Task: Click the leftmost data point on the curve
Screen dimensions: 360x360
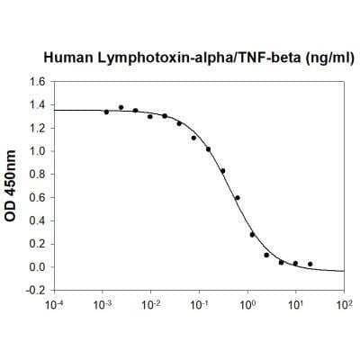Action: point(106,112)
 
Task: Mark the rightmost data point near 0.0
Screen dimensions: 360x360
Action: point(310,264)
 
